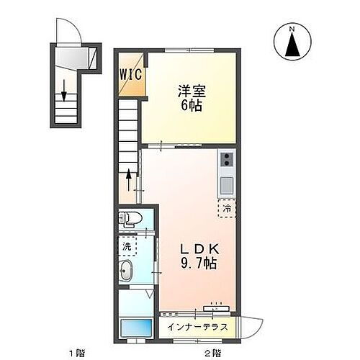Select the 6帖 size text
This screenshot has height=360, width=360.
(191, 105)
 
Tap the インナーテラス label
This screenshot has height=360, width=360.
(197, 326)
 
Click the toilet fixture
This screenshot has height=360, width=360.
(130, 217)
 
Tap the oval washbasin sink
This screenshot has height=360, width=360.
(125, 272)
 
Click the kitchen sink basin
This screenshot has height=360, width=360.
(225, 184)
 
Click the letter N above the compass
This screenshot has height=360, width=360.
(292, 28)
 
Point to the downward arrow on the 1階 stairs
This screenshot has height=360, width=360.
(65, 89)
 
